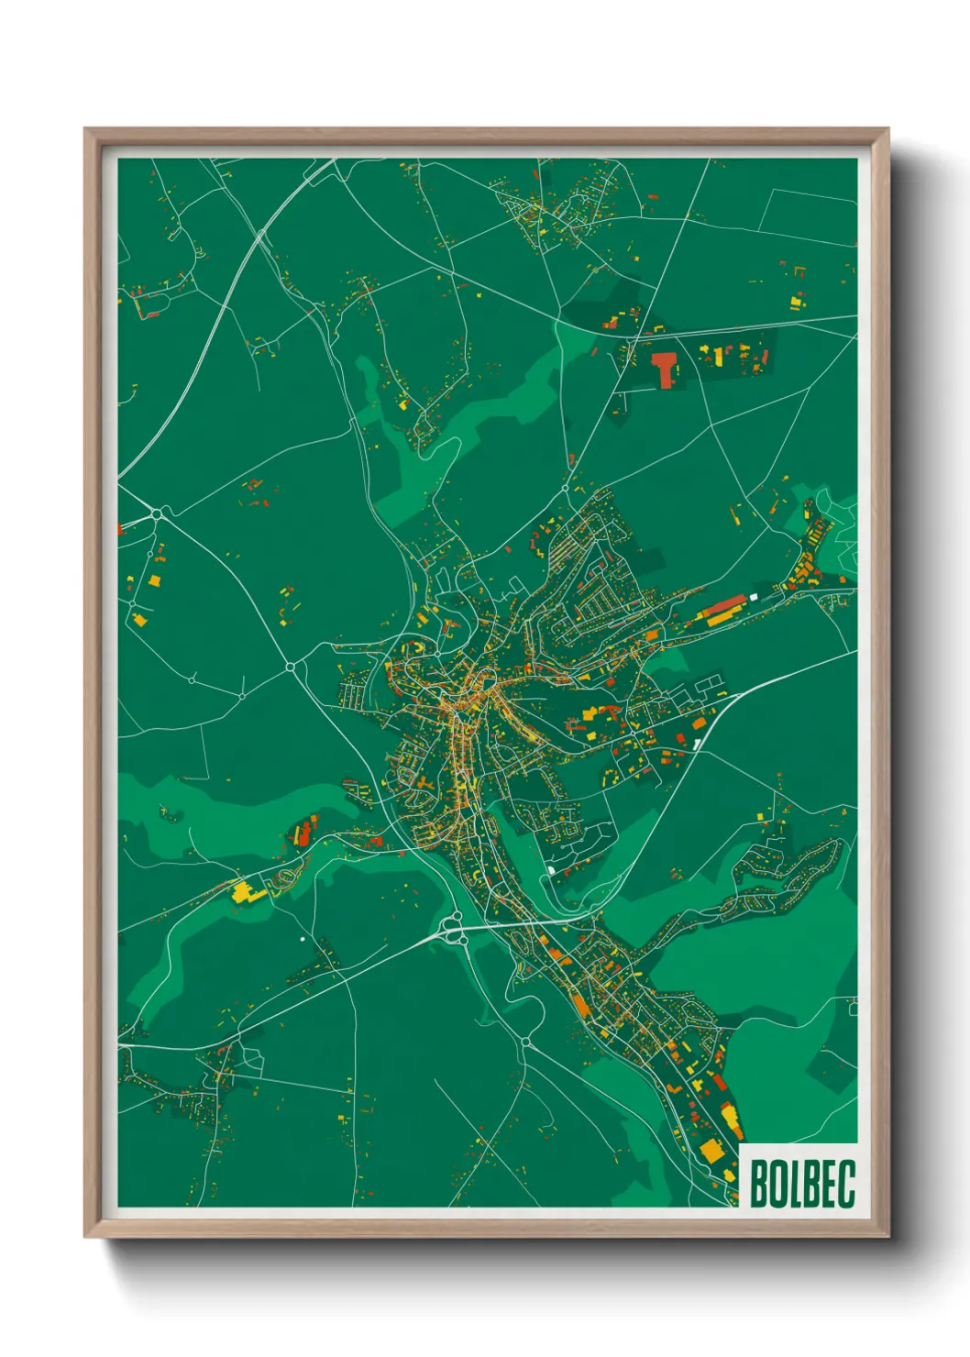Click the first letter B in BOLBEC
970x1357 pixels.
758,1184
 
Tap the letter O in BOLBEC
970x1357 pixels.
776,1184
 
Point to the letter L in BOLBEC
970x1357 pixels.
792,1184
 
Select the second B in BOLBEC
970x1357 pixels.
809,1184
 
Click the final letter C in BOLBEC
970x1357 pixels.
845,1184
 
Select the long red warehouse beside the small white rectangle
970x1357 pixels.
724,606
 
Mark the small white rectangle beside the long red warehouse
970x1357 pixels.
754,597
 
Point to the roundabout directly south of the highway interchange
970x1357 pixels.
526,1042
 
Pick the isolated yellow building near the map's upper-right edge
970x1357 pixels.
796,300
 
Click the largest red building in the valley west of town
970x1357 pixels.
303,833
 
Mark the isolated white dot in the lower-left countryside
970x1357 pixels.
302,939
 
